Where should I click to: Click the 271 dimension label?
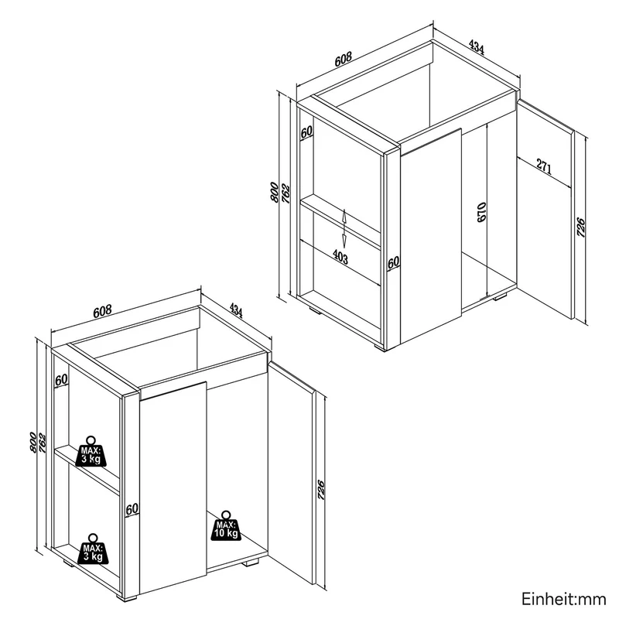[x=544, y=167]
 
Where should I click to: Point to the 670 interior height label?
[x=481, y=212]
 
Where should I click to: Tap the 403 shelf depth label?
[x=340, y=257]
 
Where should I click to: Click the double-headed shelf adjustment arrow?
[x=344, y=228]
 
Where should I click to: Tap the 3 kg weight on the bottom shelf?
[x=93, y=549]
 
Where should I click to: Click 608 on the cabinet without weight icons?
[x=343, y=60]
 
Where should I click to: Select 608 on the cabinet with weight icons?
[x=102, y=312]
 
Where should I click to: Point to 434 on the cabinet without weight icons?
[x=477, y=46]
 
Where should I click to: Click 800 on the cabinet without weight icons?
[x=274, y=192]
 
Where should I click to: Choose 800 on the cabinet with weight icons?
[x=33, y=443]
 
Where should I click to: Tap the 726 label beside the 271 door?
[x=581, y=227]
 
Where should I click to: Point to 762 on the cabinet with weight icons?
[x=43, y=443]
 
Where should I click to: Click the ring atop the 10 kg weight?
[x=226, y=515]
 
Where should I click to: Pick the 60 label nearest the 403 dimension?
[x=393, y=262]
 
